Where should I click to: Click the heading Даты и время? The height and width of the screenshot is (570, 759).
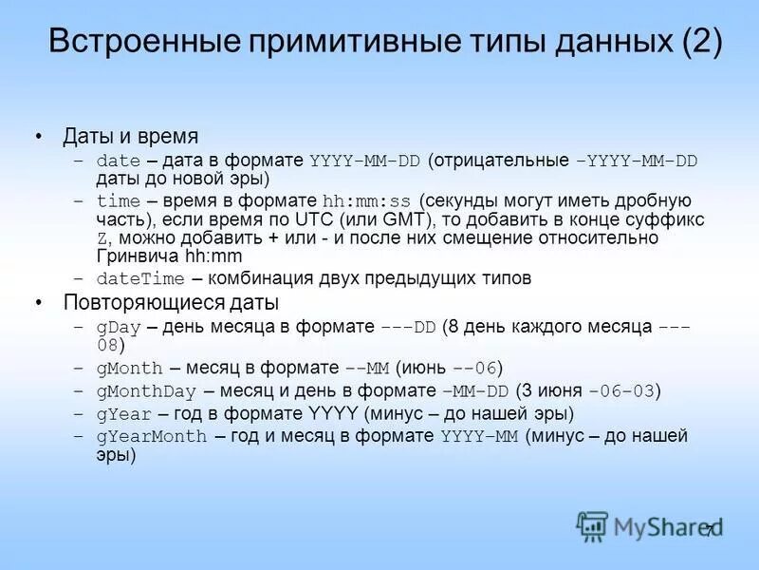pos(130,137)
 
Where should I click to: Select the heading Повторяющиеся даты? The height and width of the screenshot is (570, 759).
pos(171,303)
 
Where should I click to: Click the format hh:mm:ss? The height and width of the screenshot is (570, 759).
pos(366,201)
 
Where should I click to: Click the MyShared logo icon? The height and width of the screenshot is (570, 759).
pos(592,525)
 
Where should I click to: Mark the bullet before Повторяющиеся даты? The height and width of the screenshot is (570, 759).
pos(39,303)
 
